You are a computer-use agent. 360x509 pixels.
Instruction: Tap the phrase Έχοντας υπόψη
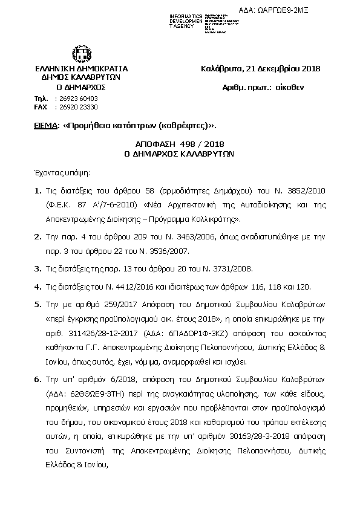[62, 173]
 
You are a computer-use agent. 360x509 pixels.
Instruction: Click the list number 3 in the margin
[37, 268]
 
